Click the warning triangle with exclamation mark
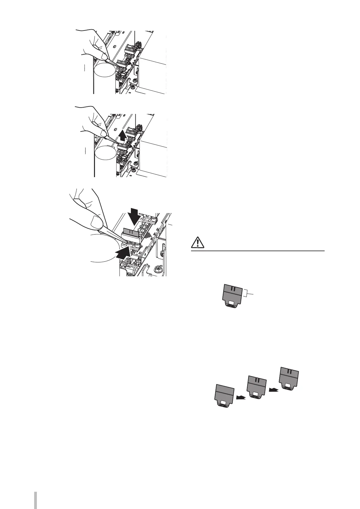click(x=198, y=243)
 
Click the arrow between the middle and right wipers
click(x=273, y=390)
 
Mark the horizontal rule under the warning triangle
click(x=258, y=251)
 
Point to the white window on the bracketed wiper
click(x=232, y=302)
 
